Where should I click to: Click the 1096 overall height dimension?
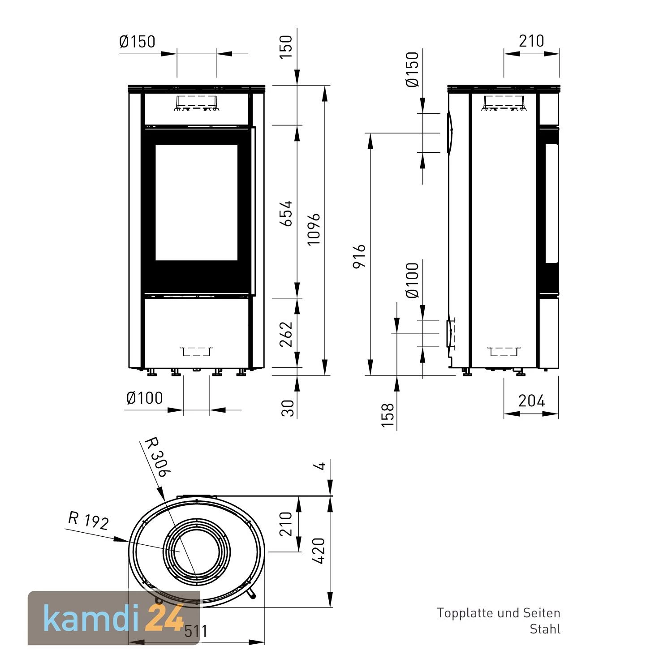314,229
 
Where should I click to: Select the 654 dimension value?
286,214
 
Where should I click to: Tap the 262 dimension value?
286,334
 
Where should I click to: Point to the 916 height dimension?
359,256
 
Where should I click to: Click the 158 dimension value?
388,415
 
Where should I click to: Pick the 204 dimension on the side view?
531,401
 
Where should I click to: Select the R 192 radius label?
88,521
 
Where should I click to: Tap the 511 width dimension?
196,631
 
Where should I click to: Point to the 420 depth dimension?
319,551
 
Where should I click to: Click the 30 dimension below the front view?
288,408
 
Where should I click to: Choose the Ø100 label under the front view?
144,398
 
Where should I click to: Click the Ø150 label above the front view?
137,42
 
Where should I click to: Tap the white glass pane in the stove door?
196,202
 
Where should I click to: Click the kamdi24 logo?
113,618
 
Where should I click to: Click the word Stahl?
545,629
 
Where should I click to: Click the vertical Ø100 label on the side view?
412,280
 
